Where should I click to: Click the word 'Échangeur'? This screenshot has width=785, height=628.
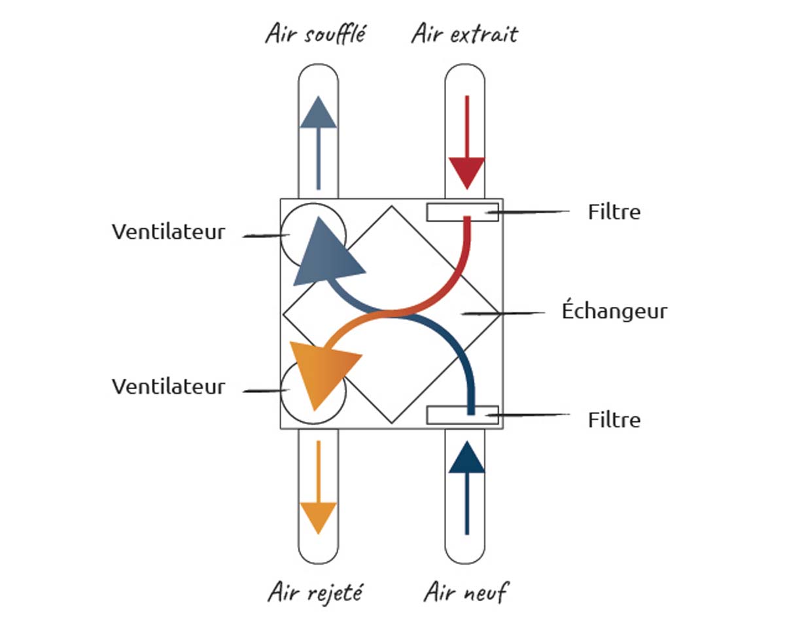[614, 311]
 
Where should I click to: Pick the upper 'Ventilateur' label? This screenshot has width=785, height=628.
[168, 232]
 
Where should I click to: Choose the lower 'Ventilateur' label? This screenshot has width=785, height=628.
[168, 386]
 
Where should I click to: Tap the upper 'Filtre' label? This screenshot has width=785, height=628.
[614, 212]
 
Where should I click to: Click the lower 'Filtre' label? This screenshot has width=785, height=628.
[614, 419]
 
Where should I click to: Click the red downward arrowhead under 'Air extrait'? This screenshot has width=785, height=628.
[466, 172]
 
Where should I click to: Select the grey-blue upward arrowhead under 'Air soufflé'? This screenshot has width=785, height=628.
[318, 113]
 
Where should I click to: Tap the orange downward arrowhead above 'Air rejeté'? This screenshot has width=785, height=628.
[318, 515]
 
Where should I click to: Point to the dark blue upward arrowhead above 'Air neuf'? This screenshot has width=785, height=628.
[467, 457]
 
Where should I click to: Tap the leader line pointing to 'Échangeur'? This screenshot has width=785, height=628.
[504, 313]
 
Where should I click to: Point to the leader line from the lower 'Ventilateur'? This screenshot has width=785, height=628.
[267, 391]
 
